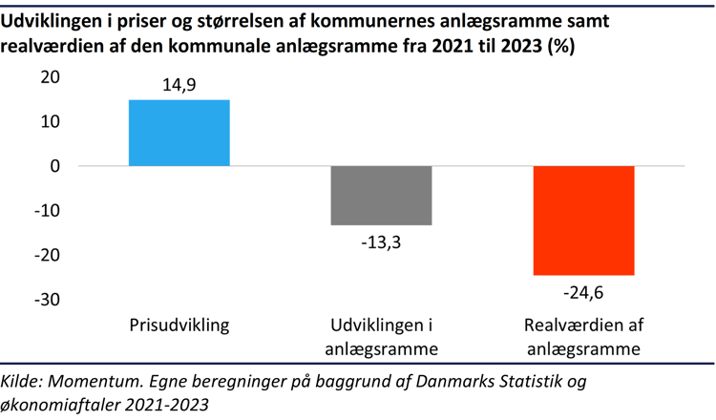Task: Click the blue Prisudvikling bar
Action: pos(179,133)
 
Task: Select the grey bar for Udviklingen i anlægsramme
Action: pos(382,195)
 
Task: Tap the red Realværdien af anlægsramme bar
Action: pos(583,220)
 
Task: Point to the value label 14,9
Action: pos(179,86)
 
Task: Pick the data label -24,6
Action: pos(583,291)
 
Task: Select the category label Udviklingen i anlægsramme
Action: pos(382,337)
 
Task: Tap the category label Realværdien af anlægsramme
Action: pos(583,337)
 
